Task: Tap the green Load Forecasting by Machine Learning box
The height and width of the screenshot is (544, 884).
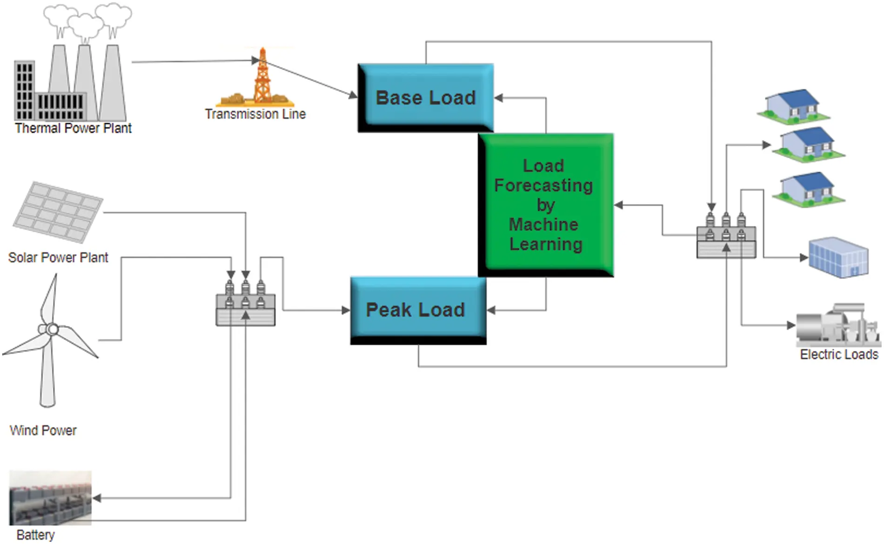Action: pyautogui.click(x=545, y=205)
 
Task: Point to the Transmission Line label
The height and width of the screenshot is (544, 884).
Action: pyautogui.click(x=255, y=114)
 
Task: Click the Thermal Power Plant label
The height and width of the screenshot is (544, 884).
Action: pyautogui.click(x=73, y=128)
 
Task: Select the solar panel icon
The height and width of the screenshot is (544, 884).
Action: pyautogui.click(x=58, y=211)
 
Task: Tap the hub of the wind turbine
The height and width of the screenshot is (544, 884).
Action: pyautogui.click(x=52, y=330)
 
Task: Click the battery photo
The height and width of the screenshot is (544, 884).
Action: pyautogui.click(x=50, y=498)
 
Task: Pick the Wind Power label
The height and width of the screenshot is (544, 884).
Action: pyautogui.click(x=43, y=430)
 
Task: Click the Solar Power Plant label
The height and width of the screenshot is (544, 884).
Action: pyautogui.click(x=58, y=257)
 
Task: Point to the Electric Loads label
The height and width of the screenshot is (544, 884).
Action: pyautogui.click(x=839, y=354)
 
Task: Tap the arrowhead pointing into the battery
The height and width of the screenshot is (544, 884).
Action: pyautogui.click(x=97, y=498)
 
